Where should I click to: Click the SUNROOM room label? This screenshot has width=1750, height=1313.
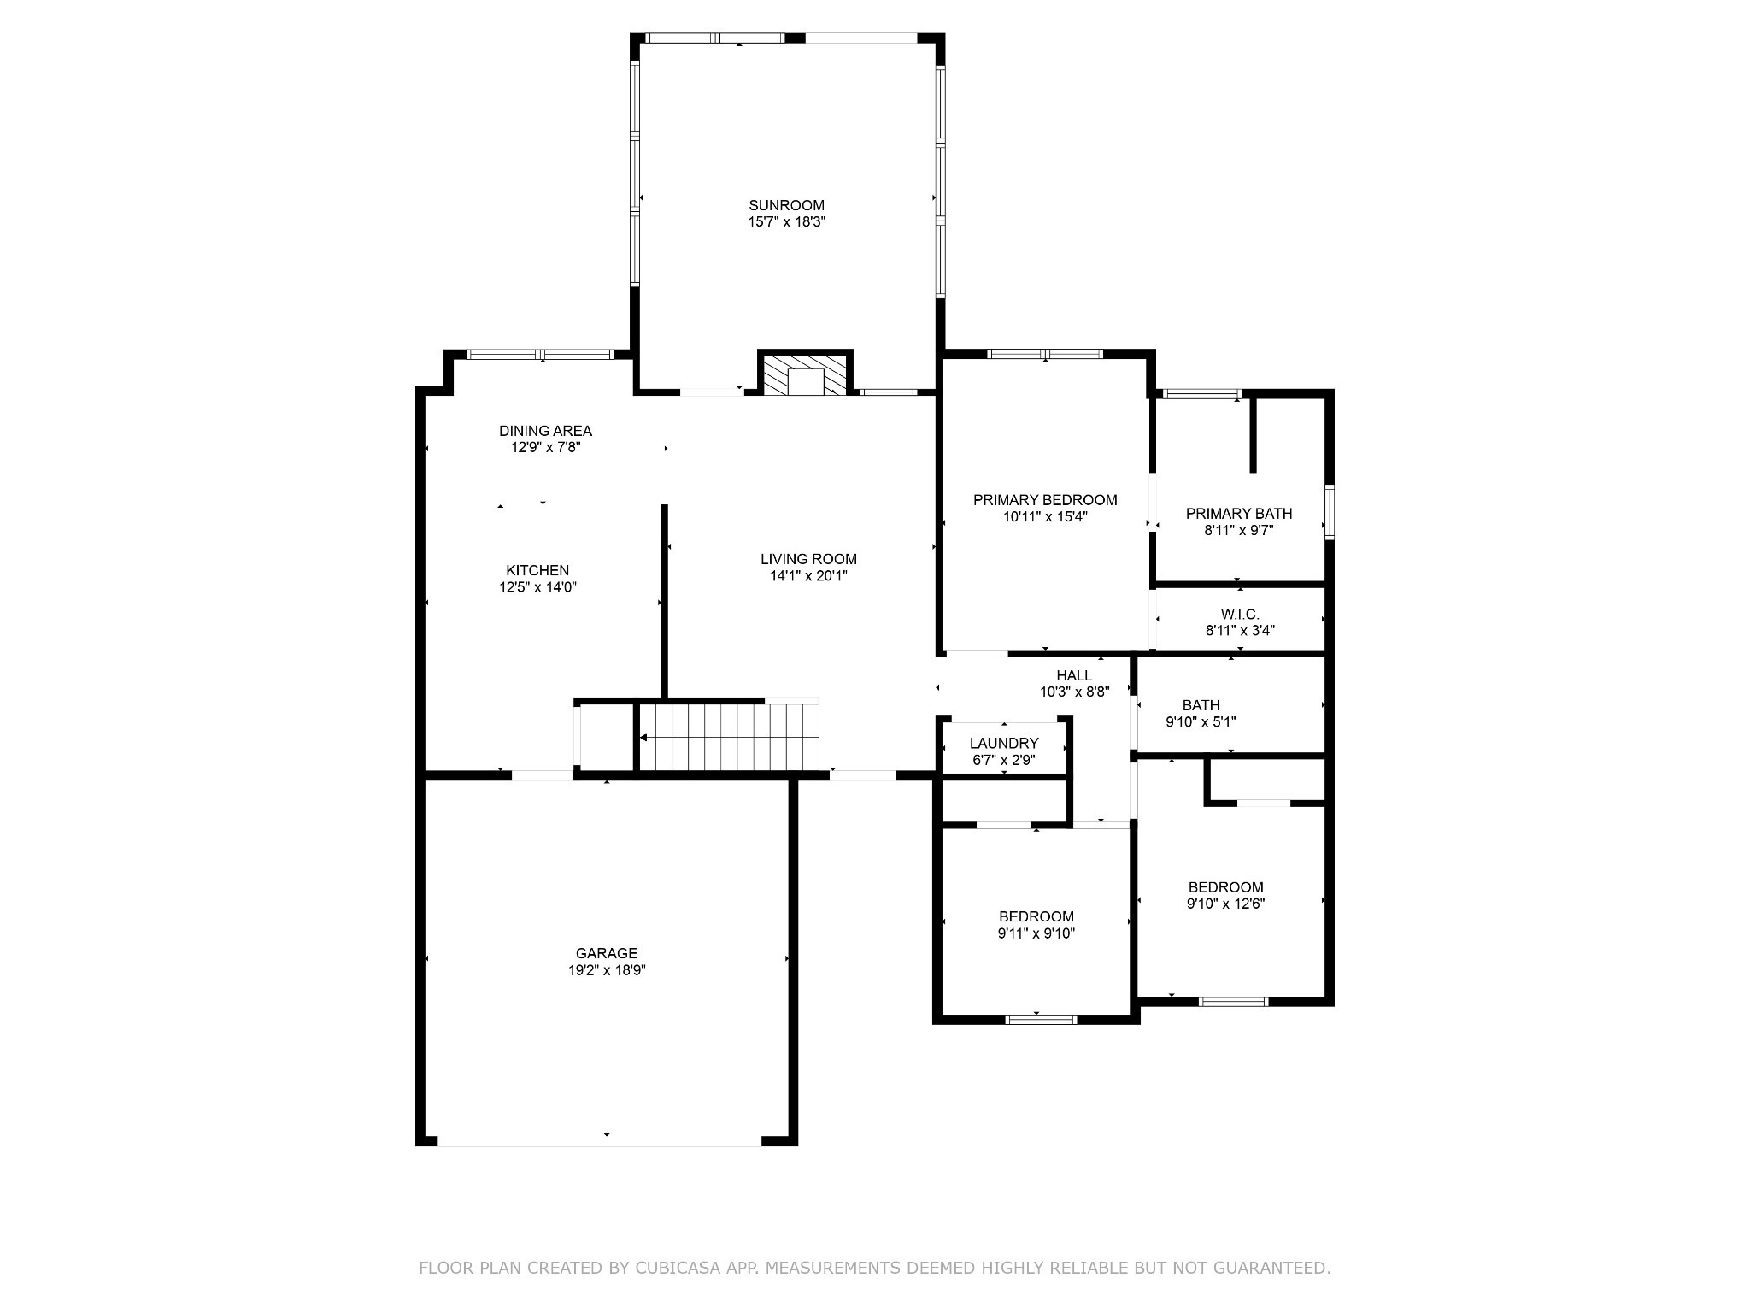(786, 205)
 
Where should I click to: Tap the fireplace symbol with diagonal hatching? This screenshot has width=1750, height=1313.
(806, 375)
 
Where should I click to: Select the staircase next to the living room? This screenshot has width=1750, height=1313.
(729, 736)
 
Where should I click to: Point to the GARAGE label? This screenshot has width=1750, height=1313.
(606, 953)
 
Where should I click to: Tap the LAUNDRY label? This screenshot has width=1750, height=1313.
(1004, 743)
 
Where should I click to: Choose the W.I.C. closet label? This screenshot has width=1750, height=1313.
(1240, 614)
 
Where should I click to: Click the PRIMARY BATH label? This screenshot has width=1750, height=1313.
(1239, 513)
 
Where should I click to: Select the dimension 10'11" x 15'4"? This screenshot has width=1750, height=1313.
(1045, 516)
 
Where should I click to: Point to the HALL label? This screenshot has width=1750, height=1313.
(1074, 675)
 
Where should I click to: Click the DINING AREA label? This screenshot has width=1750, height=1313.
(545, 431)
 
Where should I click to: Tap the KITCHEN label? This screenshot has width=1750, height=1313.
(537, 570)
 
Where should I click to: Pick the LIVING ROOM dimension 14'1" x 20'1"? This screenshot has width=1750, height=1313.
(808, 576)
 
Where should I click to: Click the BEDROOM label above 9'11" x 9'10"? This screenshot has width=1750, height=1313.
(1036, 916)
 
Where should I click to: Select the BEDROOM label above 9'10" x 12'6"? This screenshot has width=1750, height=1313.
(1225, 887)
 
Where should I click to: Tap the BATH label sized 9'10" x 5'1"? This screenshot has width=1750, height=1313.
(1201, 705)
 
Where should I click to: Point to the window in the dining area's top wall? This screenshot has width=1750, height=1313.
(540, 354)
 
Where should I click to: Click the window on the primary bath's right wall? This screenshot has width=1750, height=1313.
(1329, 512)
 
